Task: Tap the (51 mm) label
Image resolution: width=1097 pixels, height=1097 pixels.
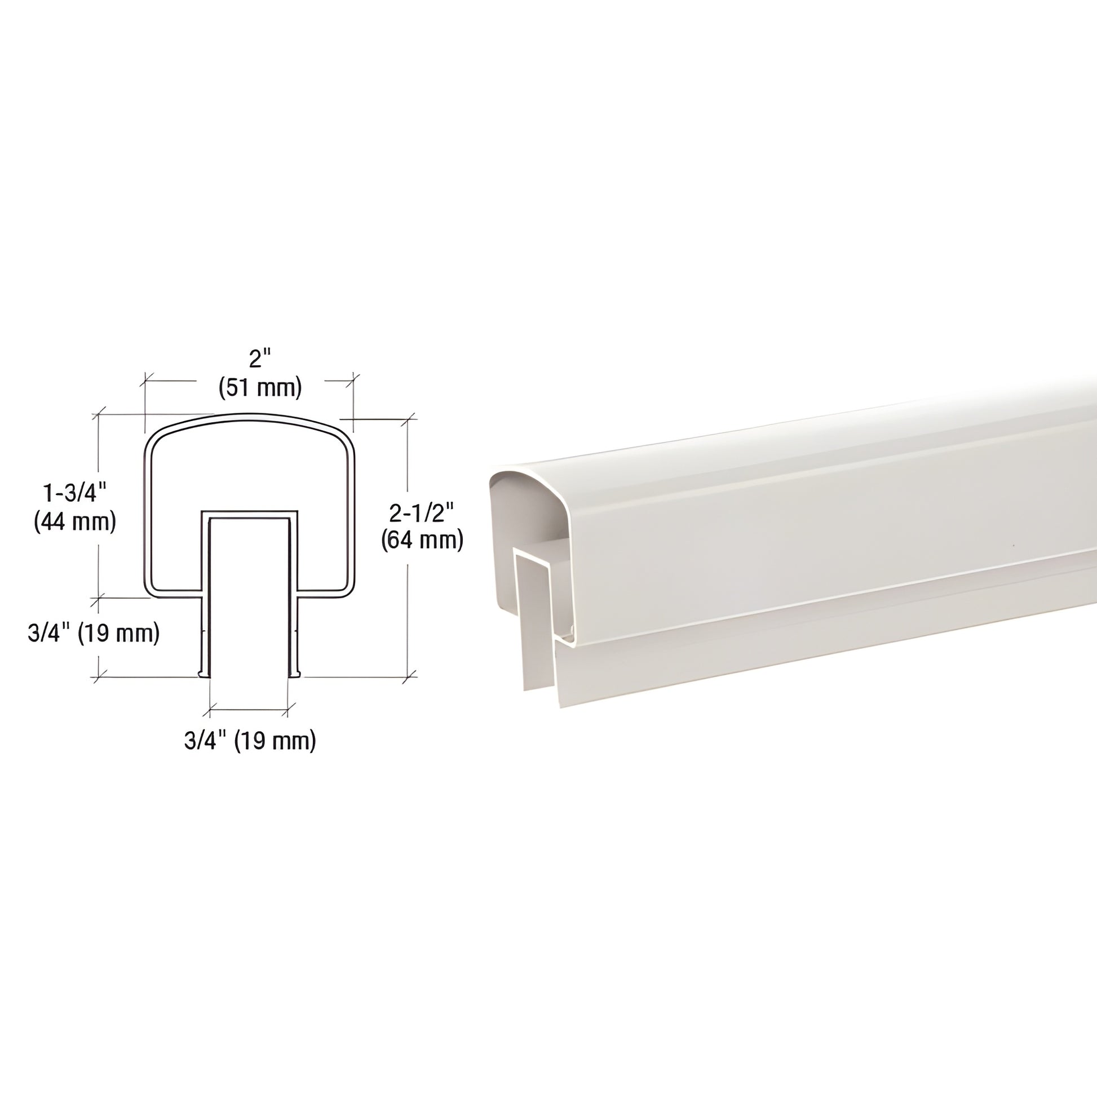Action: click(260, 388)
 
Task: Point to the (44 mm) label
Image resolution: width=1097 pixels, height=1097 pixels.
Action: click(75, 522)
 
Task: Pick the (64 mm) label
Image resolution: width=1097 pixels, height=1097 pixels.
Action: click(422, 541)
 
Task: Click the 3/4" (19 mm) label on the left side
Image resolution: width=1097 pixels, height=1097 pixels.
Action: click(93, 634)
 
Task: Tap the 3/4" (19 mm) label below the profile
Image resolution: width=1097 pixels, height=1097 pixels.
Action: click(250, 741)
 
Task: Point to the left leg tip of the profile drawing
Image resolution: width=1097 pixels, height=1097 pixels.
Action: click(201, 675)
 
